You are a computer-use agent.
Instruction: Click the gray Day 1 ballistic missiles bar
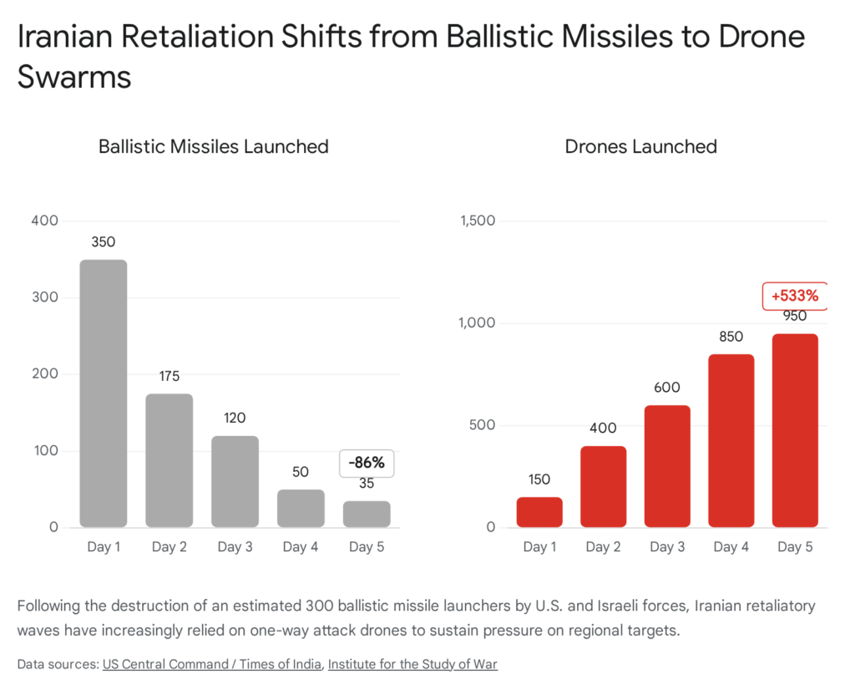tap(104, 393)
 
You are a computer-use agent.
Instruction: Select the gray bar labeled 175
tap(169, 460)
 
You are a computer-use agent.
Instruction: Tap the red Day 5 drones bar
tap(795, 430)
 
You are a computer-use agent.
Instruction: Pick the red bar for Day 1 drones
tap(539, 512)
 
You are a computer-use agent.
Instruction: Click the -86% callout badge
tap(367, 463)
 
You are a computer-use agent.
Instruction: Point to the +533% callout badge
tap(794, 296)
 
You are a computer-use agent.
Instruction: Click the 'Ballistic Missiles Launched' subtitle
tap(213, 146)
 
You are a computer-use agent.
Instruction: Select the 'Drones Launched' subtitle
tap(640, 146)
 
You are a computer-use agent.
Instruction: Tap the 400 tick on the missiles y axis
tap(44, 221)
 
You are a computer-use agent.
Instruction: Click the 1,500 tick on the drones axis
tap(477, 221)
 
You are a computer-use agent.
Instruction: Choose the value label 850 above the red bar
tap(731, 337)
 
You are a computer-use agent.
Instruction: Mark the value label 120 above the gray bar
tap(235, 419)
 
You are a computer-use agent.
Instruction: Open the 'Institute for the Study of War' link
tap(412, 664)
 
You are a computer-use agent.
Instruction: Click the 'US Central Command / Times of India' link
tap(211, 664)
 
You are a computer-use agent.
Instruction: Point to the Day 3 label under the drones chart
tap(666, 547)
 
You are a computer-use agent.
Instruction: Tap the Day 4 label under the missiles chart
tap(301, 547)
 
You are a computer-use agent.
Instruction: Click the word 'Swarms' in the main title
tap(74, 77)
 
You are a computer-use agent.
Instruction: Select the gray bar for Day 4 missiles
tap(301, 508)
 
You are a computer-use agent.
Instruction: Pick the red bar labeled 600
tap(666, 466)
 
